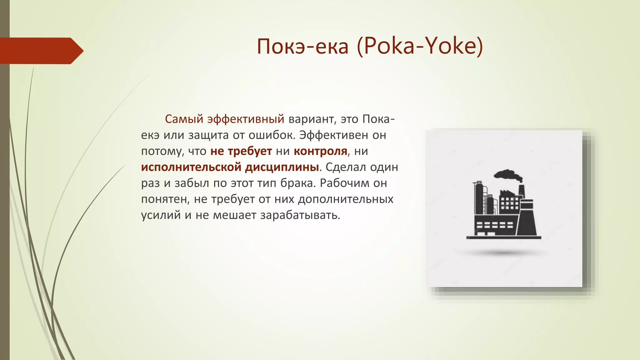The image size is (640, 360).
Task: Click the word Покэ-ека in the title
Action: [x=302, y=47]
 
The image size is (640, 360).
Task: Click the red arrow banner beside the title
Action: [x=41, y=51]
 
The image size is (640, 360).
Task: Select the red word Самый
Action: [x=184, y=119]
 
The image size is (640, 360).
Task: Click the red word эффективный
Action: [x=246, y=119]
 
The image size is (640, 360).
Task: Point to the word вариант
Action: [x=311, y=119]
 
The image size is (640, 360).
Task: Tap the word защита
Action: [x=208, y=135]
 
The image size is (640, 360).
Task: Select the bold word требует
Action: [x=250, y=151]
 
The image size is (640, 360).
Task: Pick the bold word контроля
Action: [x=320, y=151]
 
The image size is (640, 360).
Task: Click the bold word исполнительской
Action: [x=191, y=167]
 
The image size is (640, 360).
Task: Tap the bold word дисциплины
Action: [x=282, y=167]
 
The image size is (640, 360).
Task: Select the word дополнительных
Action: [x=346, y=199]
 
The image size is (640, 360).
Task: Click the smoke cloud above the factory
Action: [x=508, y=175]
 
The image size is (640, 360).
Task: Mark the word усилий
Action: [x=161, y=215]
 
